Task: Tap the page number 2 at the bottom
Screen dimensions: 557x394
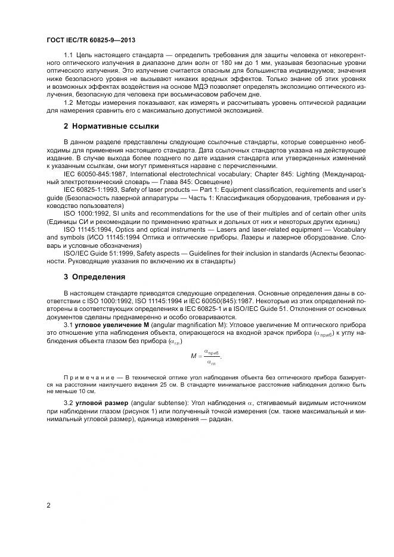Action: pos(48,505)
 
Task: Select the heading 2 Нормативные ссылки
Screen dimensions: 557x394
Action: pos(111,126)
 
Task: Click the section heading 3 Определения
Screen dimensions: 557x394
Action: pos(95,276)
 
